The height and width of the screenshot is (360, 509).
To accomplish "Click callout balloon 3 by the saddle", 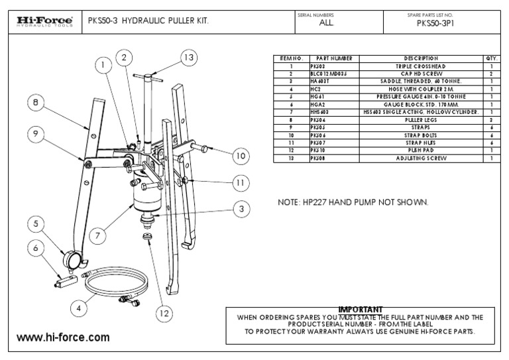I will click(242, 209).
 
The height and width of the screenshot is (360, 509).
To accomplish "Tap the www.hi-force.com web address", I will click(63, 337).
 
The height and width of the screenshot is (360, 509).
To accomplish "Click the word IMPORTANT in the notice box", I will click(360, 310).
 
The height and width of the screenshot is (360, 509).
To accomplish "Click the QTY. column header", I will click(491, 59).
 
